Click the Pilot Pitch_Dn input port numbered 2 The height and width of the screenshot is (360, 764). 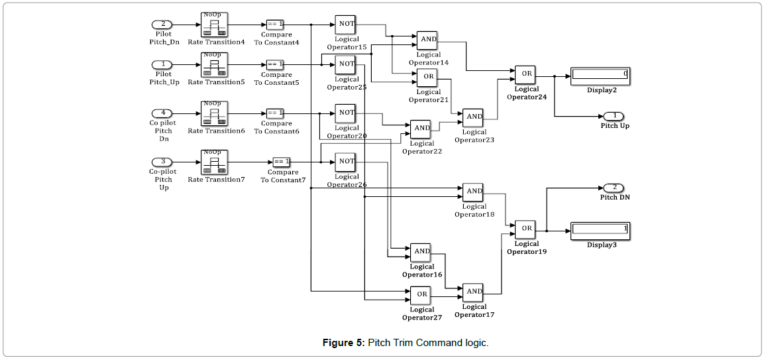(x=162, y=25)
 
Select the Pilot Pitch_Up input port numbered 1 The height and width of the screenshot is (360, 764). (x=162, y=64)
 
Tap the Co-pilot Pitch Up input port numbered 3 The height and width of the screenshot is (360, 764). (x=162, y=162)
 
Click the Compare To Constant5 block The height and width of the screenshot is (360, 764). (x=276, y=64)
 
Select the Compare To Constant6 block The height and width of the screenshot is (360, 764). (x=276, y=113)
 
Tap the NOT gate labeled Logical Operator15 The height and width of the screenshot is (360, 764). (x=346, y=25)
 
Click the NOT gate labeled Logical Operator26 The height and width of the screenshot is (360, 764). (x=346, y=162)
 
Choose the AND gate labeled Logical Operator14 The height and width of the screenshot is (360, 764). (x=427, y=40)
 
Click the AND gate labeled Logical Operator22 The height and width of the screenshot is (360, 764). (x=421, y=129)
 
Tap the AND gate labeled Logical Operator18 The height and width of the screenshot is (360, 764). (x=473, y=192)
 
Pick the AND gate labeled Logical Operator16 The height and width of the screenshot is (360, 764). (x=421, y=252)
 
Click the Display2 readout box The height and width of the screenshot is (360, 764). (x=600, y=75)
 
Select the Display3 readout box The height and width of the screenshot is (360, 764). (x=600, y=230)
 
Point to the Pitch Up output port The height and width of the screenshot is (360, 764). (x=614, y=116)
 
